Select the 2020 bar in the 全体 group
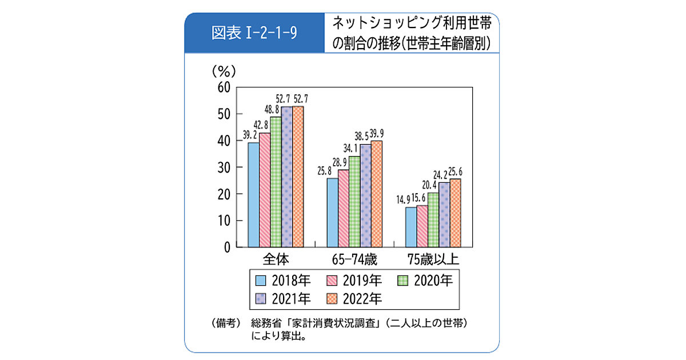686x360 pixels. (x=276, y=182)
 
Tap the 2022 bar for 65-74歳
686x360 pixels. (x=377, y=194)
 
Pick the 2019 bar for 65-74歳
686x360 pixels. (x=343, y=208)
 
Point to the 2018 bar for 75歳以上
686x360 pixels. (x=410, y=227)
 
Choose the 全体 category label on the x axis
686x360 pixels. (x=276, y=259)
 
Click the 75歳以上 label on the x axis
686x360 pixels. (x=433, y=259)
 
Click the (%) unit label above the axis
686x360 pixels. (x=224, y=71)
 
